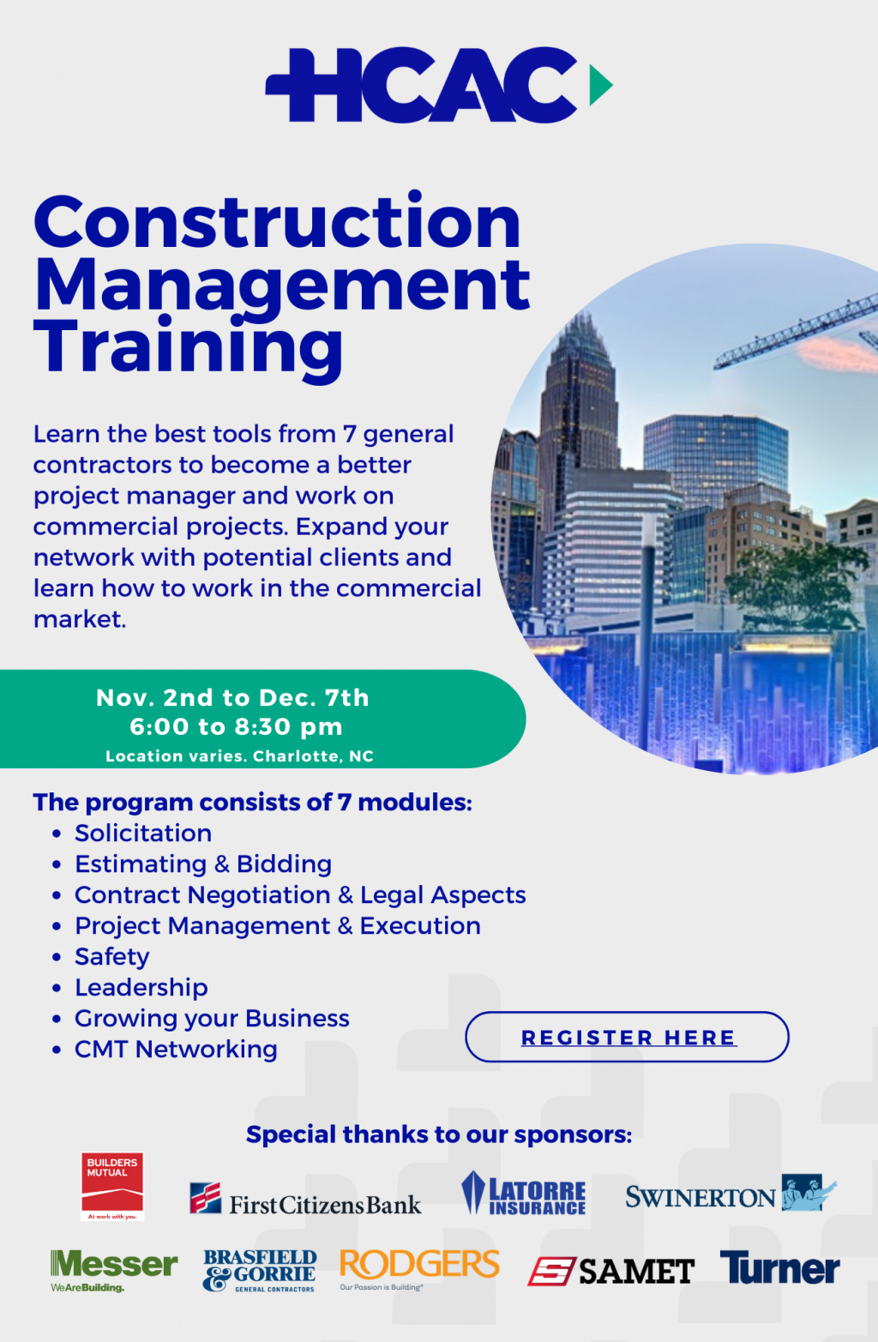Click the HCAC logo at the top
point(422,85)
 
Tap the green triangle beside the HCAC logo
point(600,85)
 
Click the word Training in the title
point(189,346)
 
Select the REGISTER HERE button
point(627,1037)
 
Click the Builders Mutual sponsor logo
point(112,1186)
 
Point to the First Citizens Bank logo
point(305,1200)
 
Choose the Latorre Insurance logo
point(524,1195)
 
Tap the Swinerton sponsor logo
point(731,1195)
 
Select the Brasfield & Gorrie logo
point(260,1270)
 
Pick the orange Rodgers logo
point(419,1267)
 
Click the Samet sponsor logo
point(610,1271)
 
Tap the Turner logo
point(779,1268)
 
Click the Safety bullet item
point(111,956)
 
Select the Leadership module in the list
point(141,987)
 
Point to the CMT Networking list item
point(176,1049)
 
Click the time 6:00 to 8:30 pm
point(236,726)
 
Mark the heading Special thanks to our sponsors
point(439,1134)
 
